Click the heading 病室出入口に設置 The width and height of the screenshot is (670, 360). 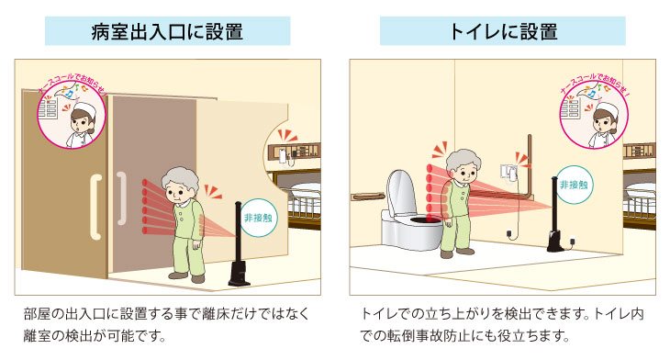click(x=167, y=32)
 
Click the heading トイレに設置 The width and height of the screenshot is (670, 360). click(x=503, y=32)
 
